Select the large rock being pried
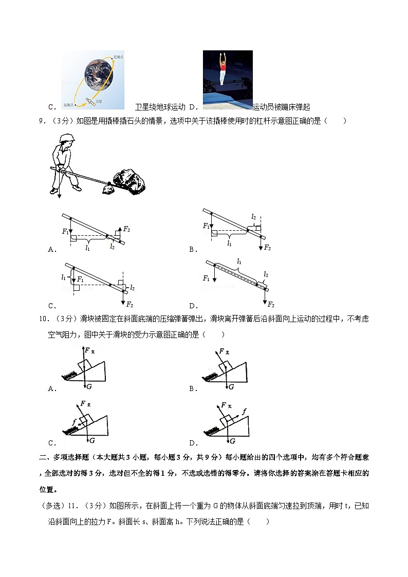pyautogui.click(x=130, y=180)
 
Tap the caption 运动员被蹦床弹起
pyautogui.click(x=282, y=107)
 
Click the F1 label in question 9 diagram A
pyautogui.click(x=65, y=232)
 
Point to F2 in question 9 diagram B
pyautogui.click(x=267, y=248)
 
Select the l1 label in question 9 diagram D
pyautogui.click(x=239, y=262)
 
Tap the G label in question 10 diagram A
pyautogui.click(x=89, y=386)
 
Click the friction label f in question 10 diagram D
pyautogui.click(x=245, y=410)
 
